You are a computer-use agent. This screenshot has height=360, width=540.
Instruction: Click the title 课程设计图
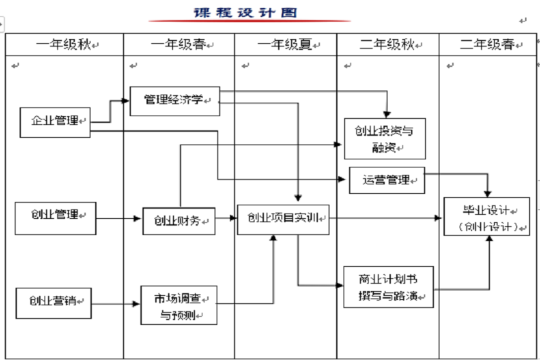[245, 13]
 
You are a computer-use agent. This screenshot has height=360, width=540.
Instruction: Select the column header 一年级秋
[65, 45]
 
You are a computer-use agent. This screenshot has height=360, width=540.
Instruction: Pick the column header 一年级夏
[286, 45]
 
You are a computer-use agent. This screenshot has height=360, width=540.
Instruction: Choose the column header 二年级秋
[387, 45]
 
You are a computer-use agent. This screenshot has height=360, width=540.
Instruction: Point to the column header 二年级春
[488, 45]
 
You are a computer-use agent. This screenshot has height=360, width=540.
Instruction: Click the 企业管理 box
[55, 122]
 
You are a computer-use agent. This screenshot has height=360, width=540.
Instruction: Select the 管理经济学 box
[175, 101]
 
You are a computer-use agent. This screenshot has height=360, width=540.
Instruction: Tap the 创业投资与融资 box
[385, 138]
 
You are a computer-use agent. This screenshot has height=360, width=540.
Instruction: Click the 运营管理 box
[387, 180]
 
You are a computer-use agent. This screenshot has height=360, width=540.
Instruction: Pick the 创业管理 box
[55, 217]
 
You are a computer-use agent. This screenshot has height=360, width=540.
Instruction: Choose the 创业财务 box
[179, 220]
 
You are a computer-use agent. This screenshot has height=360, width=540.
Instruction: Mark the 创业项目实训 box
[283, 219]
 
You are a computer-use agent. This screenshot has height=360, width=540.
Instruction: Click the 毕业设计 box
[487, 217]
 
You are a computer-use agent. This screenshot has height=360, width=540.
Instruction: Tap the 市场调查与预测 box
[178, 305]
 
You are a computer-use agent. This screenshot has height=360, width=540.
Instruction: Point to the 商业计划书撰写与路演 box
[388, 286]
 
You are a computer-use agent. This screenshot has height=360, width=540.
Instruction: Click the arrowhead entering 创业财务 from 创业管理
[139, 219]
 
